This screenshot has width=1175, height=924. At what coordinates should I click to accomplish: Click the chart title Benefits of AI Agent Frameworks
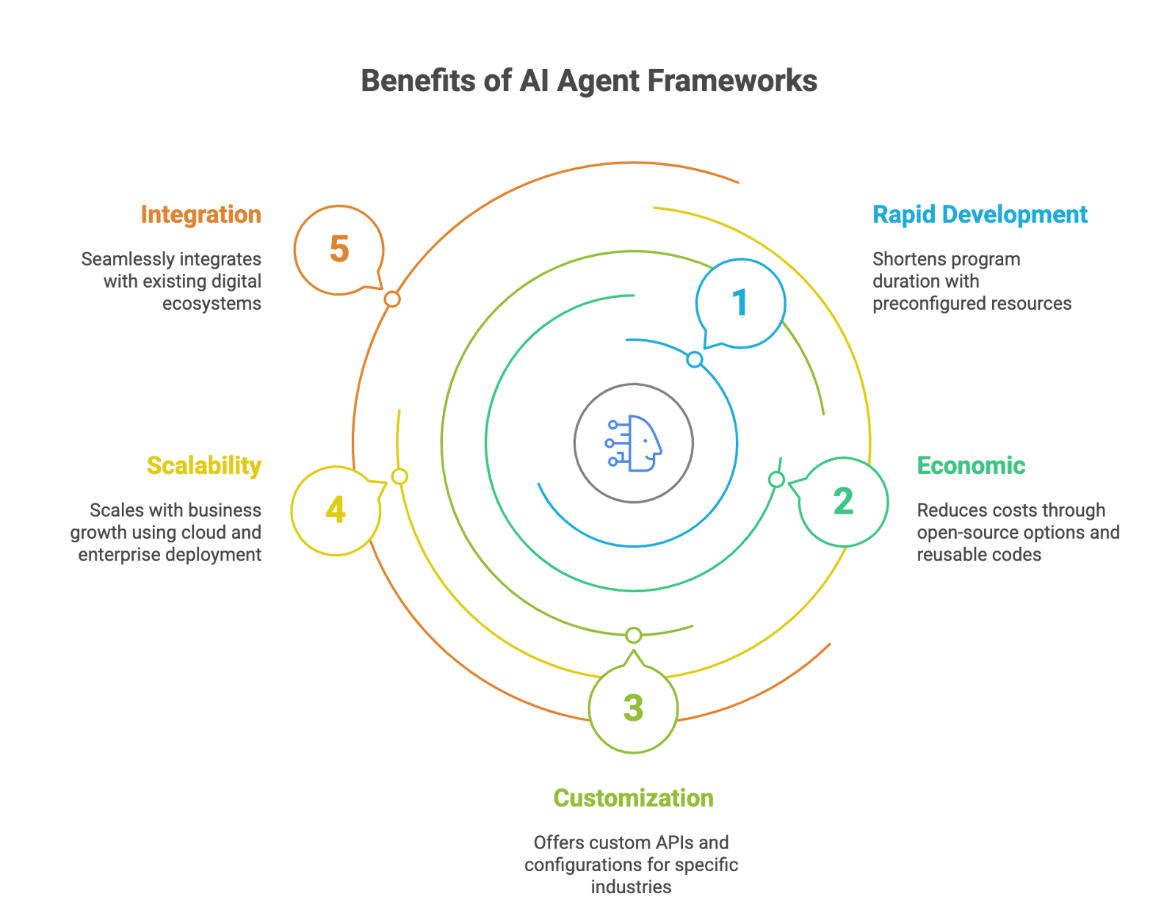(589, 81)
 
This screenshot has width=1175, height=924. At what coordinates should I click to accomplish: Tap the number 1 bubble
(740, 303)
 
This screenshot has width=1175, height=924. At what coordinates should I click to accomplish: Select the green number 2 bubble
(843, 502)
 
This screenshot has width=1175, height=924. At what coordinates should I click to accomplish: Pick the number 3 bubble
(633, 708)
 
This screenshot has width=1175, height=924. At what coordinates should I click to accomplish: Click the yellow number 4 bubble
(336, 510)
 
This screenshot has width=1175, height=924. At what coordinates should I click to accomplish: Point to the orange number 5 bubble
(339, 250)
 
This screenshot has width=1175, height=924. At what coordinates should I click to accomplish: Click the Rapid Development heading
(980, 215)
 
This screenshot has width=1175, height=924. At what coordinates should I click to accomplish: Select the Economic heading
(971, 466)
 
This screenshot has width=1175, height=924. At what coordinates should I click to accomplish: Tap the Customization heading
(633, 798)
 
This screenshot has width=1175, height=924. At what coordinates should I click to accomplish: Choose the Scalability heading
(204, 466)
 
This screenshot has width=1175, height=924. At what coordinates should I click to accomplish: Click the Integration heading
(200, 215)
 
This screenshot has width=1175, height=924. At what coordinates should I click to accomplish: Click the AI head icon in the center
(634, 443)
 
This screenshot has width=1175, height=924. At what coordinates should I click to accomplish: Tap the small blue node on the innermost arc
(695, 360)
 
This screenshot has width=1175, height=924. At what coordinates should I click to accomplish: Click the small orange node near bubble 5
(392, 299)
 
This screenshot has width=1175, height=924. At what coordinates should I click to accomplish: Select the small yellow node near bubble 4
(399, 477)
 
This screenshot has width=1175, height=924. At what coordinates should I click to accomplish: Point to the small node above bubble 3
(634, 636)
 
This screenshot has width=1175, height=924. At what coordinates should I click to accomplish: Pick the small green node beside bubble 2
(776, 480)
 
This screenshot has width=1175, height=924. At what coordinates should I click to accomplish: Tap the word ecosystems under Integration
(211, 304)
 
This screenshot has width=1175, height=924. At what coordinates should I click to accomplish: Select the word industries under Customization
(631, 887)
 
